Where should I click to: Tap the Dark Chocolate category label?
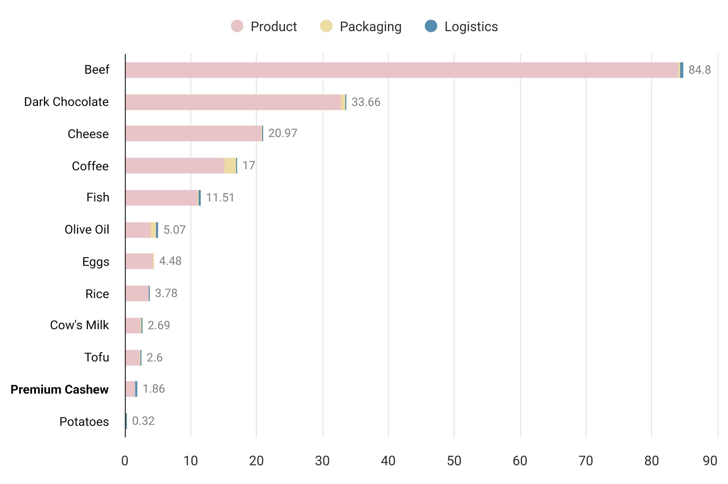coord(66,102)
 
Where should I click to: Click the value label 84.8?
coord(699,70)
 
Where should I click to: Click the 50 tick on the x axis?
coord(454,461)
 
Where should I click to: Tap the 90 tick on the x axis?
coord(710,461)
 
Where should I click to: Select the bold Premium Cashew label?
coord(60,389)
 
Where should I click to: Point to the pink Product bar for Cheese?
coord(193,133)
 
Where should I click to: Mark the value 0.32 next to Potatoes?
coord(143,421)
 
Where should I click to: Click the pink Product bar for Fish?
coord(161,198)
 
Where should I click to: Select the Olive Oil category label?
coord(87,230)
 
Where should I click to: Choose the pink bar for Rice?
coord(137,293)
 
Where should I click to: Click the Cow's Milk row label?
coord(79,325)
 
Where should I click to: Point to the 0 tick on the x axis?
coord(125,461)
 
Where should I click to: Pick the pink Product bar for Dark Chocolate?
coord(233,102)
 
